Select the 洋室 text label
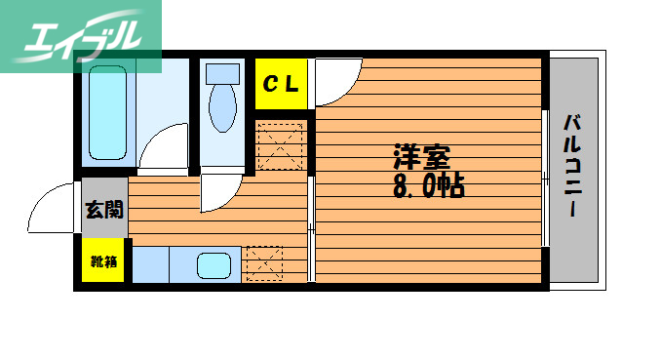[x=421, y=156]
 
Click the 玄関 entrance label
[x=103, y=209]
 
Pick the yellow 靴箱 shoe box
[x=103, y=260]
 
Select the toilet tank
[x=223, y=72]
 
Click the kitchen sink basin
[x=214, y=265]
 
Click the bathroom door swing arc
[x=166, y=146]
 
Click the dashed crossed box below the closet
[x=281, y=144]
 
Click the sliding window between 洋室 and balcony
[x=544, y=176]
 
